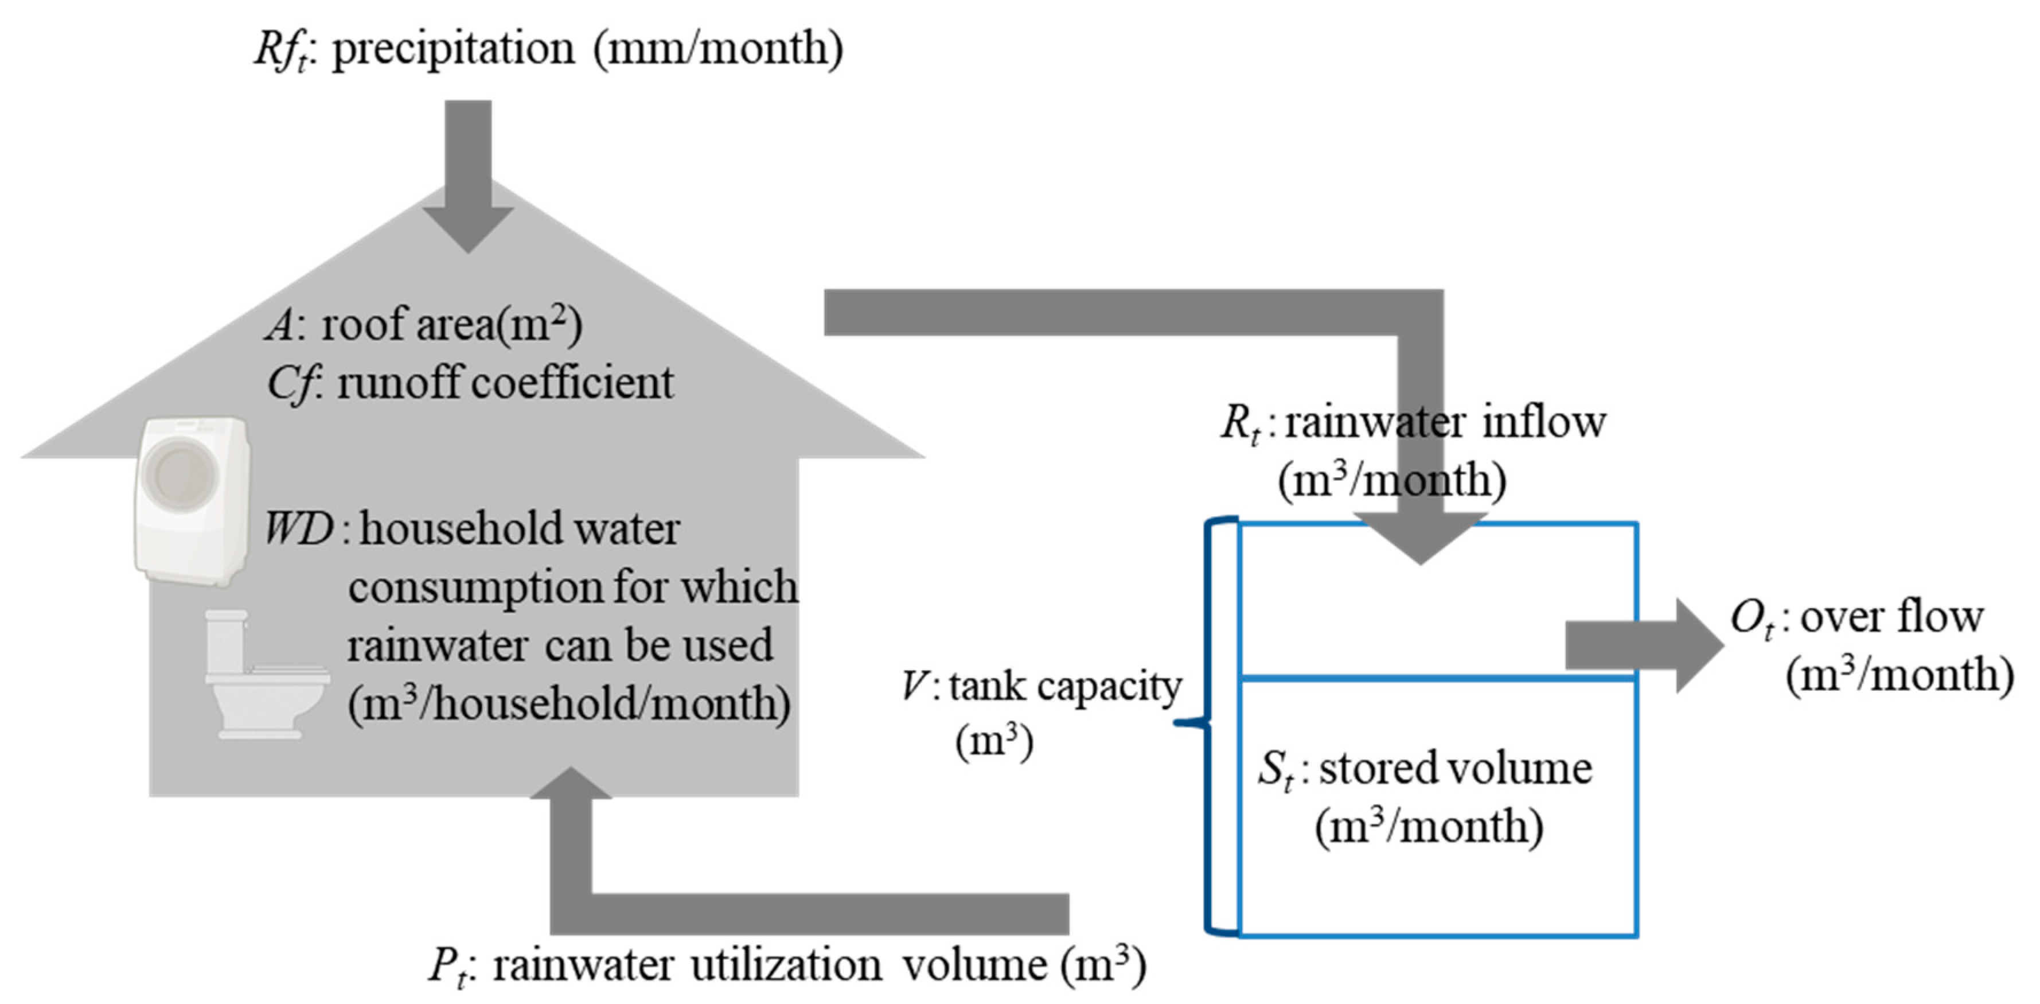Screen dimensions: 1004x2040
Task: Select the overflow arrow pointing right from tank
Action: click(x=1643, y=645)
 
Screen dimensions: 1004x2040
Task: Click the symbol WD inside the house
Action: click(x=299, y=528)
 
